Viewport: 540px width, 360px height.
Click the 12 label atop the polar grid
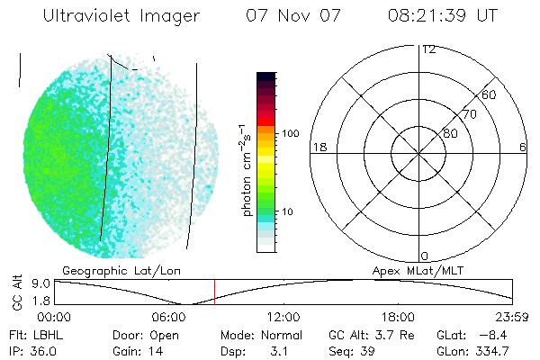click(x=428, y=49)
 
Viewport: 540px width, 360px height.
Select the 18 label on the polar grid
click(x=318, y=147)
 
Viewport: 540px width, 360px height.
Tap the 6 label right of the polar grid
click(x=522, y=147)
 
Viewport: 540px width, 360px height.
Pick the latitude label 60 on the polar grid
click(x=489, y=94)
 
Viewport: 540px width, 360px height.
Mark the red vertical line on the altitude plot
click(x=214, y=292)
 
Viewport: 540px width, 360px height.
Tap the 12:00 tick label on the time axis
click(x=283, y=317)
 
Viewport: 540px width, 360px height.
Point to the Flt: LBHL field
click(x=37, y=335)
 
